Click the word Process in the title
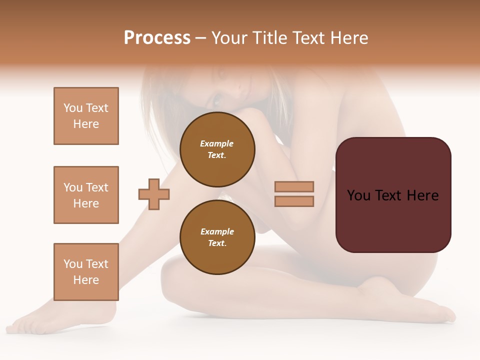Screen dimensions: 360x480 (x=157, y=38)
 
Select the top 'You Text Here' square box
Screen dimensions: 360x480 (x=86, y=116)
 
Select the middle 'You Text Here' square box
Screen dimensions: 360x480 (x=86, y=195)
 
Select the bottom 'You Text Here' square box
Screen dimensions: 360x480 (x=86, y=272)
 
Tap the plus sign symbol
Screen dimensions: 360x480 (x=154, y=194)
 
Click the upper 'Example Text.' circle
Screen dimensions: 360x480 (x=217, y=149)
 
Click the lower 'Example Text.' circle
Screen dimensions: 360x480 (x=217, y=237)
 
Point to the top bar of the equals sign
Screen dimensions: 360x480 (x=294, y=187)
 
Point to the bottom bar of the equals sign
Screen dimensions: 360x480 (x=294, y=201)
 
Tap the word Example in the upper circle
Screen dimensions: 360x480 (x=217, y=143)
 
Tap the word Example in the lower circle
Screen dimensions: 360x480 (x=217, y=231)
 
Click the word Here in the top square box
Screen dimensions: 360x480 (x=86, y=124)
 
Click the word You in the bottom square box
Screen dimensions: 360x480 (x=73, y=264)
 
